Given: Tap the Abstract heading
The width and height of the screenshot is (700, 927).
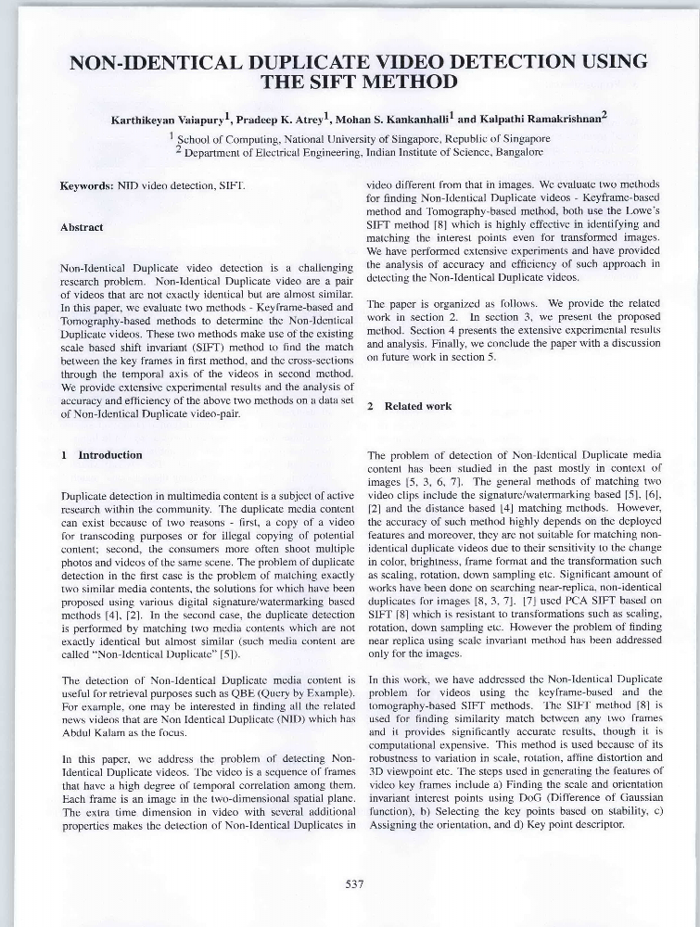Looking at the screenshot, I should coord(82,226).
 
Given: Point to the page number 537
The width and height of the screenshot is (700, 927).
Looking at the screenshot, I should coord(353,884).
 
